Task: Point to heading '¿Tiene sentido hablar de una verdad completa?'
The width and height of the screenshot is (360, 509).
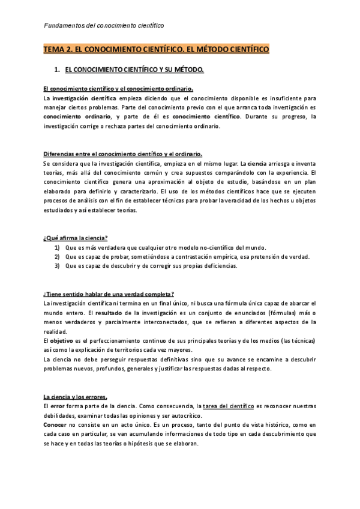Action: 109,294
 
